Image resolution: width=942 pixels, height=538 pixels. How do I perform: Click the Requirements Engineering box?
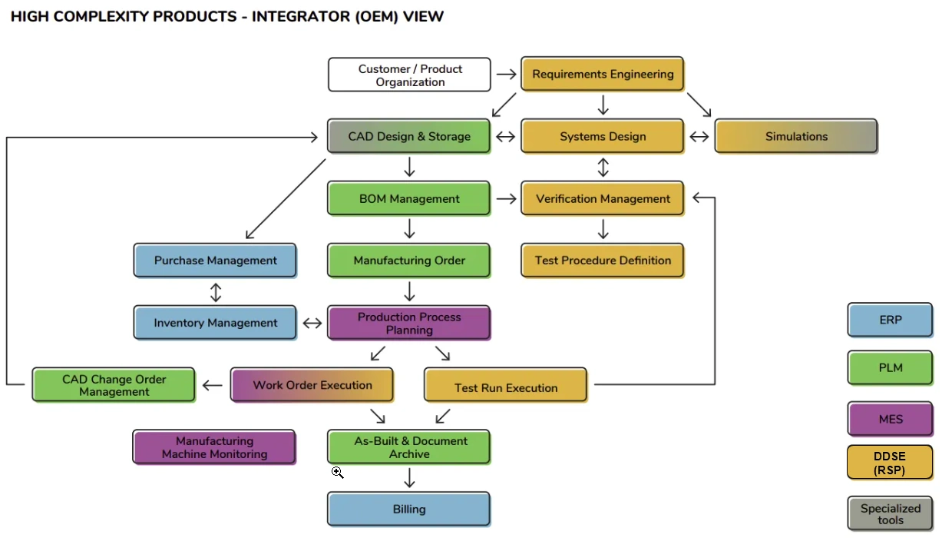coord(603,75)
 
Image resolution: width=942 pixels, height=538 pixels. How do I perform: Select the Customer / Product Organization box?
coord(409,75)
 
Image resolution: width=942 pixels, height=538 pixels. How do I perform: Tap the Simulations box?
coord(796,137)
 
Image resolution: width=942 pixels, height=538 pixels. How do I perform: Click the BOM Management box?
coord(409,198)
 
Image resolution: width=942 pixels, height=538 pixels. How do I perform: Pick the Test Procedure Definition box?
coord(603,261)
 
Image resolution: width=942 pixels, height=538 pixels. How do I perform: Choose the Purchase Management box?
coord(215,261)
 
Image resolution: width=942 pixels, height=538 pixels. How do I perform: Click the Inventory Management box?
coord(215,323)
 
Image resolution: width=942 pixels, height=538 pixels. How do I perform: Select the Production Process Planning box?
coord(409,324)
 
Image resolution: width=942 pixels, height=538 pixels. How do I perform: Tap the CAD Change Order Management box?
coord(114,385)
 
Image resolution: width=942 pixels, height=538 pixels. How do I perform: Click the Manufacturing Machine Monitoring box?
coord(214,447)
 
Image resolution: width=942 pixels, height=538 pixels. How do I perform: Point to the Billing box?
coord(409,509)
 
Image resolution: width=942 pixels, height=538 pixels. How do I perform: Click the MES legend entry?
coord(891,420)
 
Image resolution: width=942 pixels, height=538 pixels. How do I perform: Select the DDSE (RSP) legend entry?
coord(891,463)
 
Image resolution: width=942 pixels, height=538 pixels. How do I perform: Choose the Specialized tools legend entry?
coord(891,514)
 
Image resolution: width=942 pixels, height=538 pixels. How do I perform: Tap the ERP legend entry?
coord(891,320)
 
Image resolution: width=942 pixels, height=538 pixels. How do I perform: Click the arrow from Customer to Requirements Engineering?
coord(506,75)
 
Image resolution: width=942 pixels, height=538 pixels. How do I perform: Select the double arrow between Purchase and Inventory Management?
coord(216,292)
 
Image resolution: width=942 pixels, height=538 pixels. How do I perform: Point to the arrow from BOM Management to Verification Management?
coord(506,199)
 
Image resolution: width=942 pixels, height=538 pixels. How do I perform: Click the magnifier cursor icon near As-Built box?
coord(337,472)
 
